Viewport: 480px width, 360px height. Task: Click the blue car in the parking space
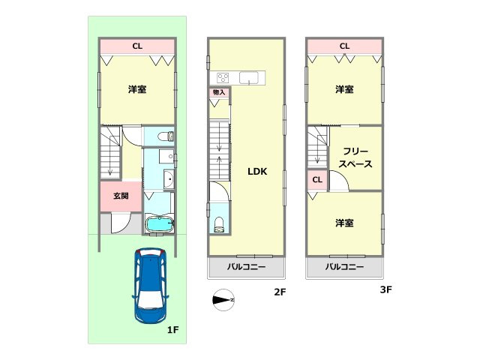(151, 285)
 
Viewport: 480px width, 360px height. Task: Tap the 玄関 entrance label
(121, 196)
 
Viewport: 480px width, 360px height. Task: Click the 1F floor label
(172, 329)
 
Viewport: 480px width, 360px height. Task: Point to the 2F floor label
(278, 292)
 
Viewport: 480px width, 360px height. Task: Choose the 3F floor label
(386, 289)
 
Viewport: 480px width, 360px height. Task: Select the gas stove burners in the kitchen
(223, 77)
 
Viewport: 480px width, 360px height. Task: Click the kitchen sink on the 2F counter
(250, 77)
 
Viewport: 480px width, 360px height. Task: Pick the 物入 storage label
(219, 92)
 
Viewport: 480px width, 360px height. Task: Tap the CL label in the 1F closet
(137, 46)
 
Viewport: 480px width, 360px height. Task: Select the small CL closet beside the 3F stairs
(317, 180)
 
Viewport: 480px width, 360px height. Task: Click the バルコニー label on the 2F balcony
(246, 267)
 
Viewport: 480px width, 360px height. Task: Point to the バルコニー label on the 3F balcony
(344, 267)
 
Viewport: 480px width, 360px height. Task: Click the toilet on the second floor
(219, 223)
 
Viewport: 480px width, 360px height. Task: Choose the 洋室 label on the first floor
(136, 89)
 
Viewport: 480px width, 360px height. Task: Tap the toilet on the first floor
(169, 136)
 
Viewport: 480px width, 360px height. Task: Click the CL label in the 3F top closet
(344, 46)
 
